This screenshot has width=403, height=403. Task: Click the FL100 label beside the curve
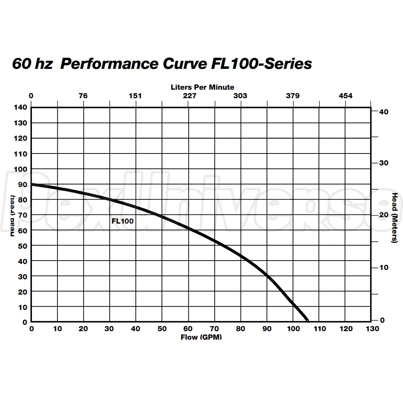pyautogui.click(x=122, y=221)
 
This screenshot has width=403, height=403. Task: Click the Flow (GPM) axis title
pyautogui.click(x=201, y=337)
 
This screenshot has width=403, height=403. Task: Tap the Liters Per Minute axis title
pyautogui.click(x=202, y=88)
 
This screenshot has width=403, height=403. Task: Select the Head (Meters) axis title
pyautogui.click(x=394, y=218)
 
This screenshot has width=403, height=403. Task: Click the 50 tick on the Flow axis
pyautogui.click(x=162, y=329)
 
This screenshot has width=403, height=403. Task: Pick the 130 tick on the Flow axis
pyautogui.click(x=372, y=329)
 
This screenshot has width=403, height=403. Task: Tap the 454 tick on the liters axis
pyautogui.click(x=345, y=96)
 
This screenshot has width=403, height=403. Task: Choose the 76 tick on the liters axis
pyautogui.click(x=83, y=96)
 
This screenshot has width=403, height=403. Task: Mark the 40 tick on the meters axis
pyautogui.click(x=383, y=111)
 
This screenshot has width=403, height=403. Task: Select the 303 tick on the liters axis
pyautogui.click(x=240, y=96)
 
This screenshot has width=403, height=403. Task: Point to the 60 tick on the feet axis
pyautogui.click(x=22, y=230)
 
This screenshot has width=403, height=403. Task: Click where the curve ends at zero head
pyautogui.click(x=307, y=320)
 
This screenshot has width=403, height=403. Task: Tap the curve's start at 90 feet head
pyautogui.click(x=32, y=184)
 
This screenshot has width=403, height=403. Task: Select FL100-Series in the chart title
pyautogui.click(x=261, y=64)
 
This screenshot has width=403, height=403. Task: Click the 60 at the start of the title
pyautogui.click(x=22, y=64)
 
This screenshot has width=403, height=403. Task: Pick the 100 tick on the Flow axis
pyautogui.click(x=293, y=329)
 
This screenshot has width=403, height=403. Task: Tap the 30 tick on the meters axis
pyautogui.click(x=383, y=163)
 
